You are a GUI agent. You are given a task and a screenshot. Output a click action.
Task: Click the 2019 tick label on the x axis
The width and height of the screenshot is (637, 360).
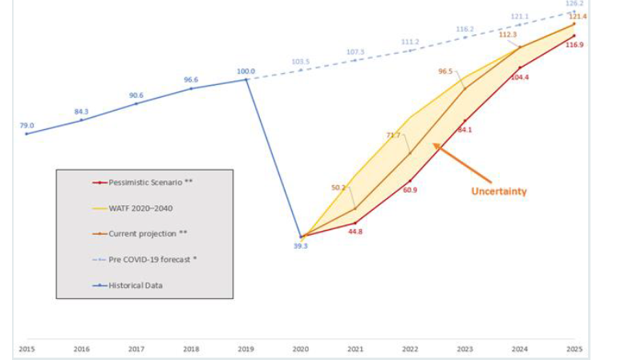pyautogui.click(x=245, y=350)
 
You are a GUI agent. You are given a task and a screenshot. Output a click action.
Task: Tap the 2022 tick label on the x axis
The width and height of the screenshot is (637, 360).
pyautogui.click(x=410, y=350)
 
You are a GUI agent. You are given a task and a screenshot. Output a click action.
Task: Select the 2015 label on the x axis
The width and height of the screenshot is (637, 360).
pyautogui.click(x=26, y=350)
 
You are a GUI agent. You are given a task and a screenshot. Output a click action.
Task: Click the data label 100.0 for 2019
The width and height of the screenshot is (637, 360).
pyautogui.click(x=245, y=71)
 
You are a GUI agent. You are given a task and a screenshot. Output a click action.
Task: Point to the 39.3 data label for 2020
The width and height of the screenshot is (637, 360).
pyautogui.click(x=302, y=247)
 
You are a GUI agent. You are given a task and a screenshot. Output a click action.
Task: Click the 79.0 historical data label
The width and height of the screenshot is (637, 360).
pyautogui.click(x=26, y=125)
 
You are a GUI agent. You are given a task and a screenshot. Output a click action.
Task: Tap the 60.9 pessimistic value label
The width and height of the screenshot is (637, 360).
pyautogui.click(x=411, y=190)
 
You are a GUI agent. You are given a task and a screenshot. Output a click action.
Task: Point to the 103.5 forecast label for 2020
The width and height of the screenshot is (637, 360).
pyautogui.click(x=301, y=61)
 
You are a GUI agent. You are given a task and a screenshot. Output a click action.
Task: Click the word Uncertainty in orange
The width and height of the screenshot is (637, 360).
pyautogui.click(x=498, y=192)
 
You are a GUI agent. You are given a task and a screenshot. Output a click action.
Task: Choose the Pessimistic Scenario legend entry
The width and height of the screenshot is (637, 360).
pyautogui.click(x=144, y=182)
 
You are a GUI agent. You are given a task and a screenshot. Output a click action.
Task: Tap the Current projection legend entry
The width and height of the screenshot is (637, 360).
pyautogui.click(x=141, y=233)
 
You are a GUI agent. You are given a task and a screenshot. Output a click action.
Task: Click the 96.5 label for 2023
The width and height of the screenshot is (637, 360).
pyautogui.click(x=446, y=71)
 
